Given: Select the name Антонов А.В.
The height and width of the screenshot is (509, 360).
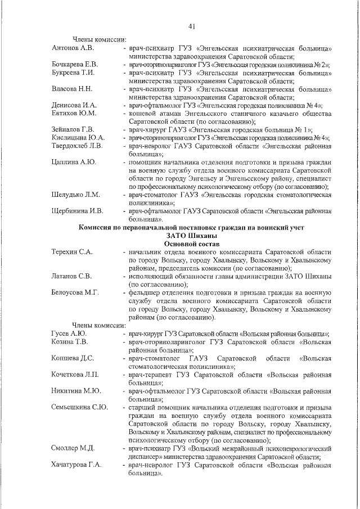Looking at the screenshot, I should pos(71,48).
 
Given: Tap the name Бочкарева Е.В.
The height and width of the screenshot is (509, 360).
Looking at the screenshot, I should pos(75,64).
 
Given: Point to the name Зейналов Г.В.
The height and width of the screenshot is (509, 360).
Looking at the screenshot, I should pos(72,129).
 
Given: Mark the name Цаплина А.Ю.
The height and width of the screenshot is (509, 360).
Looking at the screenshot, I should pos(73,162).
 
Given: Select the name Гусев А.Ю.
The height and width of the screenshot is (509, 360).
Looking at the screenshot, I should pos(69,333).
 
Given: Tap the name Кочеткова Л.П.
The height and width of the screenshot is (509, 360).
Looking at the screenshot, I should pos(75,373).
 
